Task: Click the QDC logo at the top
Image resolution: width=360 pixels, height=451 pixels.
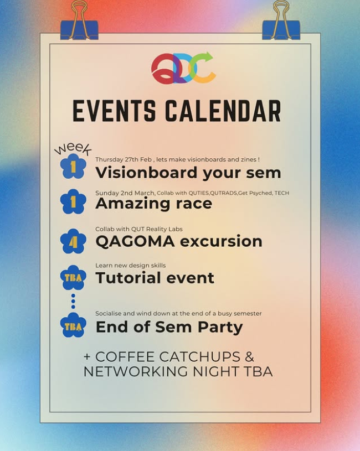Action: [x=183, y=68]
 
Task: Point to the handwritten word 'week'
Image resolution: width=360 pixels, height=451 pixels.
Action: [x=72, y=148]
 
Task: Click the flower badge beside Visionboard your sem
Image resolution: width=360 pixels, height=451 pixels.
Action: [x=73, y=166]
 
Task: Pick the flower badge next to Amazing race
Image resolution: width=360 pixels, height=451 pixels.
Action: [x=73, y=202]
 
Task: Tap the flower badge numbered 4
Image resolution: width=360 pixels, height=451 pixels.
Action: [x=73, y=241]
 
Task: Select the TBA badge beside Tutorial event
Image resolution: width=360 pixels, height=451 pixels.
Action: [x=73, y=278]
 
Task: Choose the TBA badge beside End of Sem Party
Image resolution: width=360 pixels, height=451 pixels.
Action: [x=73, y=326]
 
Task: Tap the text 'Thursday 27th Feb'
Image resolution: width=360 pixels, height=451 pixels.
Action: [x=121, y=159]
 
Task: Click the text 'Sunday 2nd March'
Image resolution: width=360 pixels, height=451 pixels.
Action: [x=125, y=193]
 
